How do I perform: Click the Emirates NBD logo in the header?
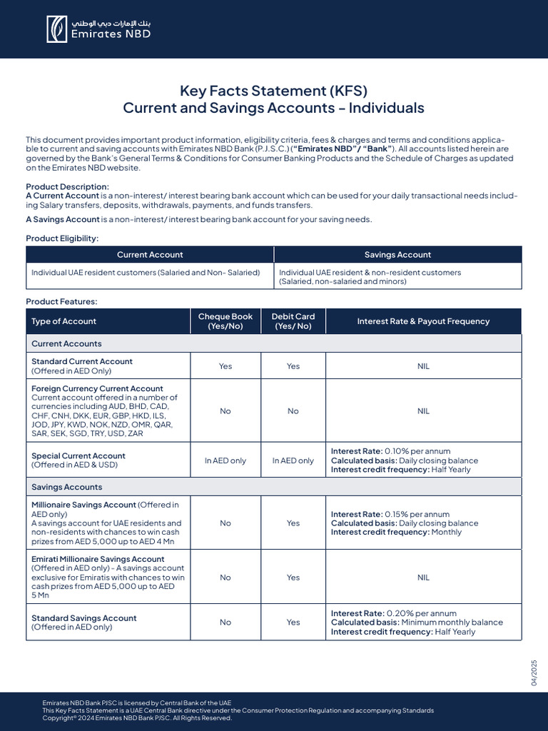coord(98,29)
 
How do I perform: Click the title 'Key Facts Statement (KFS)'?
coord(273,91)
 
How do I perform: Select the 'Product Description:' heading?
coord(68,186)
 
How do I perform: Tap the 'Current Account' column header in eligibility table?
coord(150,255)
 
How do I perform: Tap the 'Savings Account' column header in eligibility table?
coord(397,255)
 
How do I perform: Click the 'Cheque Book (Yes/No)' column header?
coord(225,321)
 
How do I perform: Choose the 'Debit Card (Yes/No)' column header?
coord(293,321)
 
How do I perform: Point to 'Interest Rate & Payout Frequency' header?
coord(423,321)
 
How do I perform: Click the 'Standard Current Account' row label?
coord(82,361)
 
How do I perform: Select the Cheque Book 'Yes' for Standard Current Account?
coord(225,366)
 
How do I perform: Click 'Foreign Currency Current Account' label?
coord(97,388)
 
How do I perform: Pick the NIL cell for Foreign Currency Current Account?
coord(423,411)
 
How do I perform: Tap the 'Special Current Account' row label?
coord(78,455)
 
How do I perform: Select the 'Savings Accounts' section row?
coord(67,487)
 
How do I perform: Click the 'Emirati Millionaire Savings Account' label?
coord(98,559)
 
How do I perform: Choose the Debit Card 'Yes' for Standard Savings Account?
coord(293,622)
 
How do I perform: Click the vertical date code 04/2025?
coord(533,673)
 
